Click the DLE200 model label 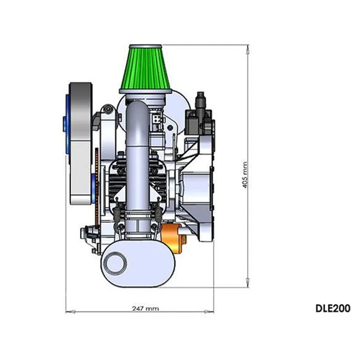333,308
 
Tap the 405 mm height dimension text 245,175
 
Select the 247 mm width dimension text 145,308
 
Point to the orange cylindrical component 173,238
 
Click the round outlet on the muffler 116,263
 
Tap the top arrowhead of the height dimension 247,50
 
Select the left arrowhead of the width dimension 70,312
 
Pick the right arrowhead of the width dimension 209,312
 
